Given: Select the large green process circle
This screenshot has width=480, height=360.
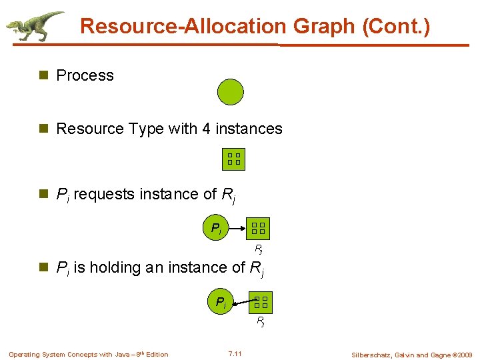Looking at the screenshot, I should tap(231, 92).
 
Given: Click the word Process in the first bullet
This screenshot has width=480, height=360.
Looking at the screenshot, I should tap(85, 75).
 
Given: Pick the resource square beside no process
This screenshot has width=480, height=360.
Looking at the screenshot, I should tap(233, 159).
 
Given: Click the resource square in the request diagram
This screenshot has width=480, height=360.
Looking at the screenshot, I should tap(259, 229).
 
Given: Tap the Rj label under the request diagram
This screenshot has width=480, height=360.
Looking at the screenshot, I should tap(259, 250).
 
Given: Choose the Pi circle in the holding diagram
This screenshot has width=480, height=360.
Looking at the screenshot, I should tap(220, 302).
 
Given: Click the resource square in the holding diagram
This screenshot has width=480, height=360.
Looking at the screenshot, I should tap(261, 302).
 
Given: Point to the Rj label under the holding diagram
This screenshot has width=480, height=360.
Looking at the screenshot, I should tap(261, 323).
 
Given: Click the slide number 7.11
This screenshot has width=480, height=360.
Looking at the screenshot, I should tap(235, 353).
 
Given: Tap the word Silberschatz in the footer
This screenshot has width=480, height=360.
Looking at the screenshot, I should tap(375, 355).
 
